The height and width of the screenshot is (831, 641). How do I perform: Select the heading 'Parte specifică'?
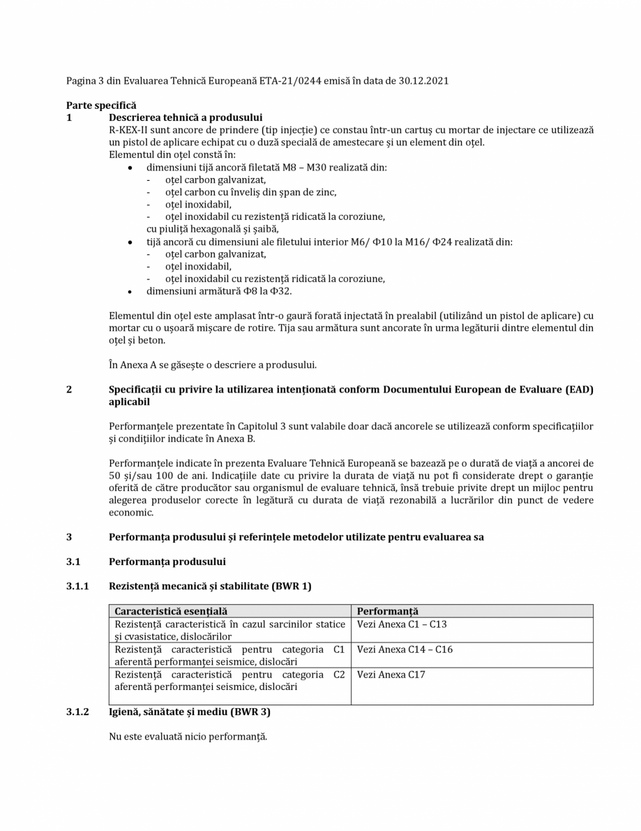101,105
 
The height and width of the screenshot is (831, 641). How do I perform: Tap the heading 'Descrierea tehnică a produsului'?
186,117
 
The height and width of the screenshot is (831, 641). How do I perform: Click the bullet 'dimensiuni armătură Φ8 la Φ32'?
218,291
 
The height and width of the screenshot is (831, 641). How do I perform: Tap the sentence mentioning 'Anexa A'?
213,365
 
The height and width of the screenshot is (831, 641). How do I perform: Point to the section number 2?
69,390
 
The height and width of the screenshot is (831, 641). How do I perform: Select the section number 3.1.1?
77,587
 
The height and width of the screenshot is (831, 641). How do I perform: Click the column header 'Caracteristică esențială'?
171,611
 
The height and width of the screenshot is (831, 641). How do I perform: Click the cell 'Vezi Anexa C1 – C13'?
402,624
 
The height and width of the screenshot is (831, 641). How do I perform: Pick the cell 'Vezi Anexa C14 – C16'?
405,649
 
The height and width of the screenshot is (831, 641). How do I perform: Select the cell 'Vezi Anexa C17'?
391,675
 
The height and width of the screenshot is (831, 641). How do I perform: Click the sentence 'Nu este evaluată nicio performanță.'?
188,736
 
